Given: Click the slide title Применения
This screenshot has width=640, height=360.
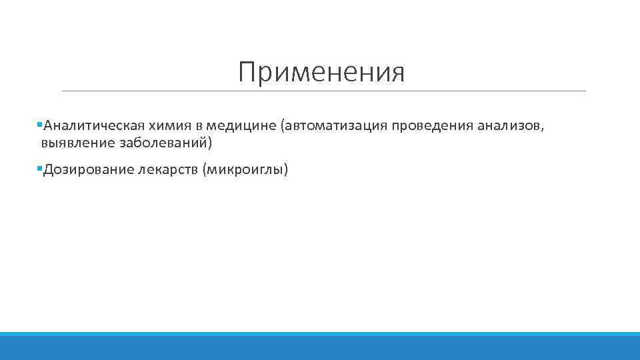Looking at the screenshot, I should point(321,73).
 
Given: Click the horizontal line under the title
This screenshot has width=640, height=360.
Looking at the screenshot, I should point(323,91).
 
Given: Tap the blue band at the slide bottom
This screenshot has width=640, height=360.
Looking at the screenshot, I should point(320,347).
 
